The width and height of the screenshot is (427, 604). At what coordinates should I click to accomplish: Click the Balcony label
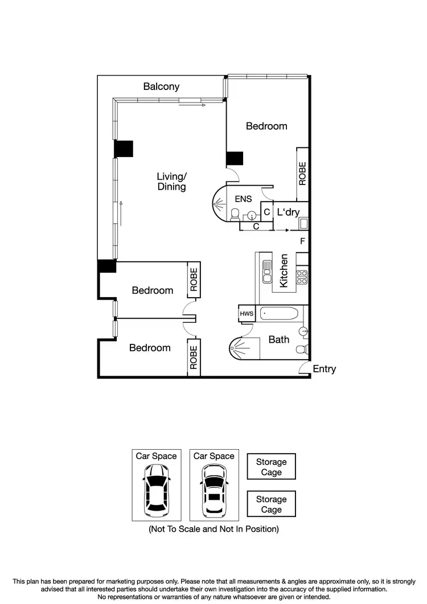pos(161,87)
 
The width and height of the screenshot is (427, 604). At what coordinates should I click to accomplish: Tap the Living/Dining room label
pos(171,182)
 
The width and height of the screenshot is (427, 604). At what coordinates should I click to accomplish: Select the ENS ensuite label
pos(243,199)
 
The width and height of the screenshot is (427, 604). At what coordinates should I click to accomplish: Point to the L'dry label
pos(288,212)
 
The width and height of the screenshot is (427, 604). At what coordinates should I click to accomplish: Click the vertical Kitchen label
pos(284,270)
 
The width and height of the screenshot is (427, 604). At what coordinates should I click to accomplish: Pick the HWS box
pos(246,314)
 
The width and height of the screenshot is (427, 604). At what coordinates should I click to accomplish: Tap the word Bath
pos(279,339)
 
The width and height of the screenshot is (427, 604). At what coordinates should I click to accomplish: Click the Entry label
pos(324,369)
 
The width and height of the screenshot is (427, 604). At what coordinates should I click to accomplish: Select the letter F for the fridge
pos(302,241)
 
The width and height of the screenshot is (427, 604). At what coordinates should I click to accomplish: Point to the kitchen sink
pos(266,272)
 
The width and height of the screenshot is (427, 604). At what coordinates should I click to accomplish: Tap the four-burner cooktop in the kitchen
pos(302,277)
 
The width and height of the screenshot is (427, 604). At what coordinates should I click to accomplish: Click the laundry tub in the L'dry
pos(303,223)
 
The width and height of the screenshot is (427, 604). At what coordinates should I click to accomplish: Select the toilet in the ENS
pos(235,214)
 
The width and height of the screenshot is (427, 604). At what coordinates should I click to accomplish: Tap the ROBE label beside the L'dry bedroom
pos(302,173)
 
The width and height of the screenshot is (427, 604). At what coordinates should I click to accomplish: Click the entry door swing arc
pos(305,369)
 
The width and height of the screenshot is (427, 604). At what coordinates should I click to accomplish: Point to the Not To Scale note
pos(213,529)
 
